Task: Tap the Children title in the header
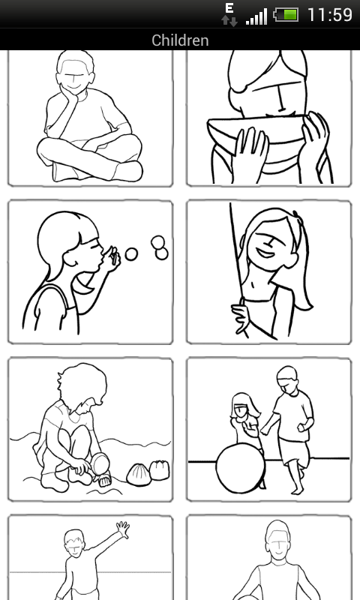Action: click(x=180, y=40)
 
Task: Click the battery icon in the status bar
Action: click(x=286, y=15)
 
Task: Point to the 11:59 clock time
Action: click(x=330, y=15)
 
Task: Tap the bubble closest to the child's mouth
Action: click(x=131, y=254)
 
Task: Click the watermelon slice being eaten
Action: click(x=257, y=132)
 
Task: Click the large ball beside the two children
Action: click(x=241, y=468)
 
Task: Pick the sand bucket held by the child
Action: click(x=100, y=464)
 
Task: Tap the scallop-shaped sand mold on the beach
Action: click(x=139, y=475)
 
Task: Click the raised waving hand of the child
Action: click(x=123, y=529)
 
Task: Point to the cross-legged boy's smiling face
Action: click(x=75, y=80)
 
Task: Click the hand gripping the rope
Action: click(x=239, y=316)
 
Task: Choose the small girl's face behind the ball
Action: click(x=242, y=411)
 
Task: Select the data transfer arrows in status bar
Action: click(x=229, y=21)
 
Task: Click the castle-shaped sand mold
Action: click(x=159, y=470)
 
